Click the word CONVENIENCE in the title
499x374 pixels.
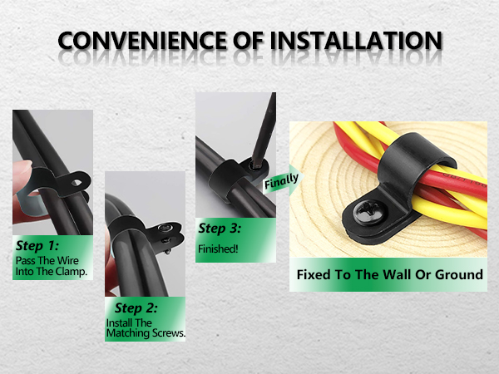pos(142,41)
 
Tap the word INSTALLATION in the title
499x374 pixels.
pos(357,41)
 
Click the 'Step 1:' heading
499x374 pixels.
pos(37,246)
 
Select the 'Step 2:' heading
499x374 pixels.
pos(136,308)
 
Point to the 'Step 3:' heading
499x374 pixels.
pos(220,229)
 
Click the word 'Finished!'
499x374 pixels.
pos(218,249)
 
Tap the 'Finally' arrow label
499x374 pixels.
pos(281,181)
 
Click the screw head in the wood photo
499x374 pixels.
pos(371,211)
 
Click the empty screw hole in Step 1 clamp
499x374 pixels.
pos(77,183)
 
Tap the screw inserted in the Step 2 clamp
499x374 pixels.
pos(166,228)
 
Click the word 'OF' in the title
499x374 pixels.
pos(248,41)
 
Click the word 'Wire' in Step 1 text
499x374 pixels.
pos(68,261)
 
